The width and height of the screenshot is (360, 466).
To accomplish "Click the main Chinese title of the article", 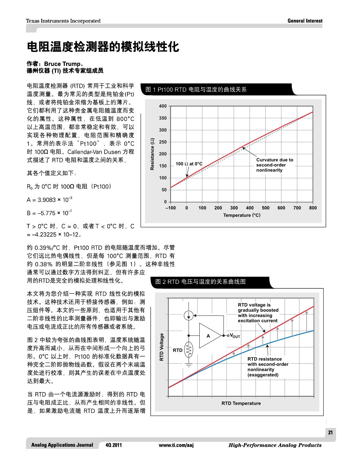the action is [103, 47].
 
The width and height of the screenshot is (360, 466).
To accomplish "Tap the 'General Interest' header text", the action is [305, 21].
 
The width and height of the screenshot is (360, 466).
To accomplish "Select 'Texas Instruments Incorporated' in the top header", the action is [63, 21].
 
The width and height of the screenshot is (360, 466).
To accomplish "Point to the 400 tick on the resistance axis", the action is [163, 106].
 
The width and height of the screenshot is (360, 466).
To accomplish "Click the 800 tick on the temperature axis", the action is [313, 208].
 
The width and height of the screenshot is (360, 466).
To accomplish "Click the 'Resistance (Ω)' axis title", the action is [152, 154].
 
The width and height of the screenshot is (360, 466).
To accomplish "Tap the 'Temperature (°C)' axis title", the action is [242, 215].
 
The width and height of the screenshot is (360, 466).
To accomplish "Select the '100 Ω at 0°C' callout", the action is [189, 164].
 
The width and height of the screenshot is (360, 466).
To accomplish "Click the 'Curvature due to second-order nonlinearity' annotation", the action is [274, 165].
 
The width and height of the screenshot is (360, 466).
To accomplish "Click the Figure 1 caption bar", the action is [196, 90].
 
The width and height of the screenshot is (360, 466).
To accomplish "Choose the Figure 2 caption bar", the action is [201, 282].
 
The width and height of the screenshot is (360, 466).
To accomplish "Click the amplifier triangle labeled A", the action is [209, 336].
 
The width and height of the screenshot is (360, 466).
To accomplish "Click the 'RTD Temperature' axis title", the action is [241, 403].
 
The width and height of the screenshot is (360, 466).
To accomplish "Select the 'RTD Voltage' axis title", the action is [162, 347].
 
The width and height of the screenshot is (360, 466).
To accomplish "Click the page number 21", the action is [330, 433].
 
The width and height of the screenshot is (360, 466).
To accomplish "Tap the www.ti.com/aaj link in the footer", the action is [176, 445].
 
